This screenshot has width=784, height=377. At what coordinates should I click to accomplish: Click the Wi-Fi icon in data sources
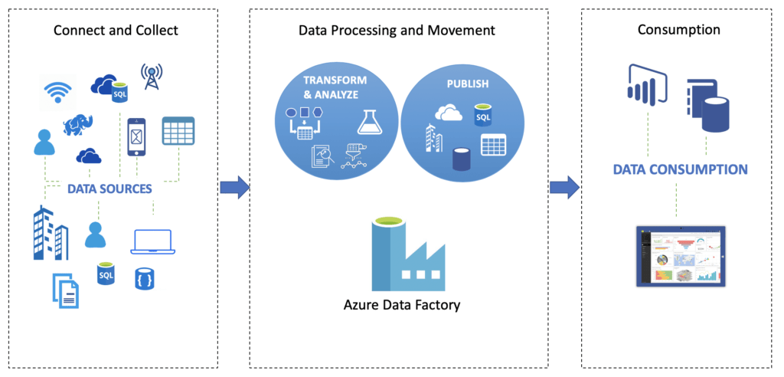pos(57,91)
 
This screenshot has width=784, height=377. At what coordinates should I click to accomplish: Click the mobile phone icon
pos(137,136)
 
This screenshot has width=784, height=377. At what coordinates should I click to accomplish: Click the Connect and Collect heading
pos(116,31)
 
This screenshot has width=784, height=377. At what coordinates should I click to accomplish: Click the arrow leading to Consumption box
pos(564,187)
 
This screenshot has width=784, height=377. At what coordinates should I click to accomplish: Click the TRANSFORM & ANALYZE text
pos(335,87)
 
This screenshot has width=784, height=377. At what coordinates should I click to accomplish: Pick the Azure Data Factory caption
pos(402,305)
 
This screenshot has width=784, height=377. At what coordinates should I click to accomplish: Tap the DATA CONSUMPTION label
pos(680,169)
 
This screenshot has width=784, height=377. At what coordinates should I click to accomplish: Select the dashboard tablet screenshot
pos(680,256)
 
